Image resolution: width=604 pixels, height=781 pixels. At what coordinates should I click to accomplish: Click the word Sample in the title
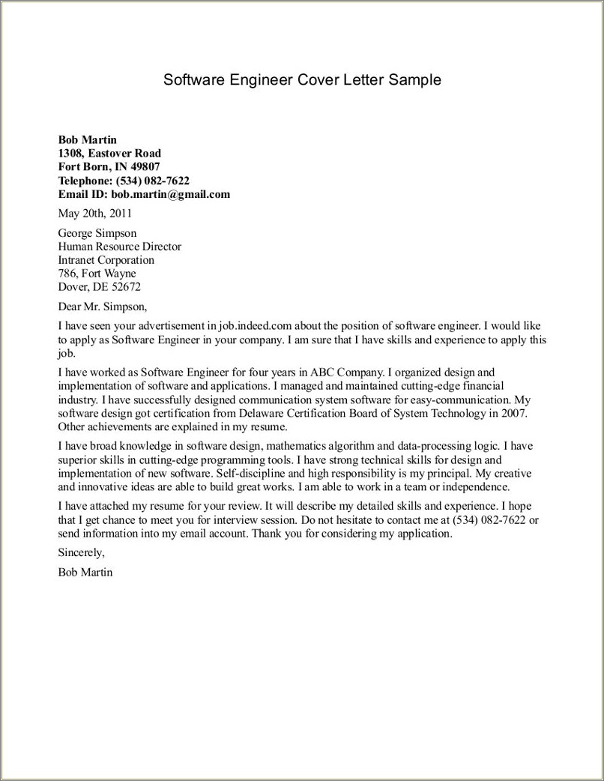414,79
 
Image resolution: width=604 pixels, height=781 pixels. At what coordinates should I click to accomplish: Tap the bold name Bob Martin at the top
88,139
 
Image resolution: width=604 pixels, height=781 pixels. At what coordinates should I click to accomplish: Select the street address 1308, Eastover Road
109,153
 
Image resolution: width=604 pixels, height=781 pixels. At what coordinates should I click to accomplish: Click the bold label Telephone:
85,181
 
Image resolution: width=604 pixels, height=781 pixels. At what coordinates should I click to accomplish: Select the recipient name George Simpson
97,233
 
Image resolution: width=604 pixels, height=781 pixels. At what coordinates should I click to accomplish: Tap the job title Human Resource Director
119,247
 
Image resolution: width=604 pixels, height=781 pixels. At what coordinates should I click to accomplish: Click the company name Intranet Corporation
106,260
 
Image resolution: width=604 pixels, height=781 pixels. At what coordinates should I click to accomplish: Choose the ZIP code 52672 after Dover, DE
126,287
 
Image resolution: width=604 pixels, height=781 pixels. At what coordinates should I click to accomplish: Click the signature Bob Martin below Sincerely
85,572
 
